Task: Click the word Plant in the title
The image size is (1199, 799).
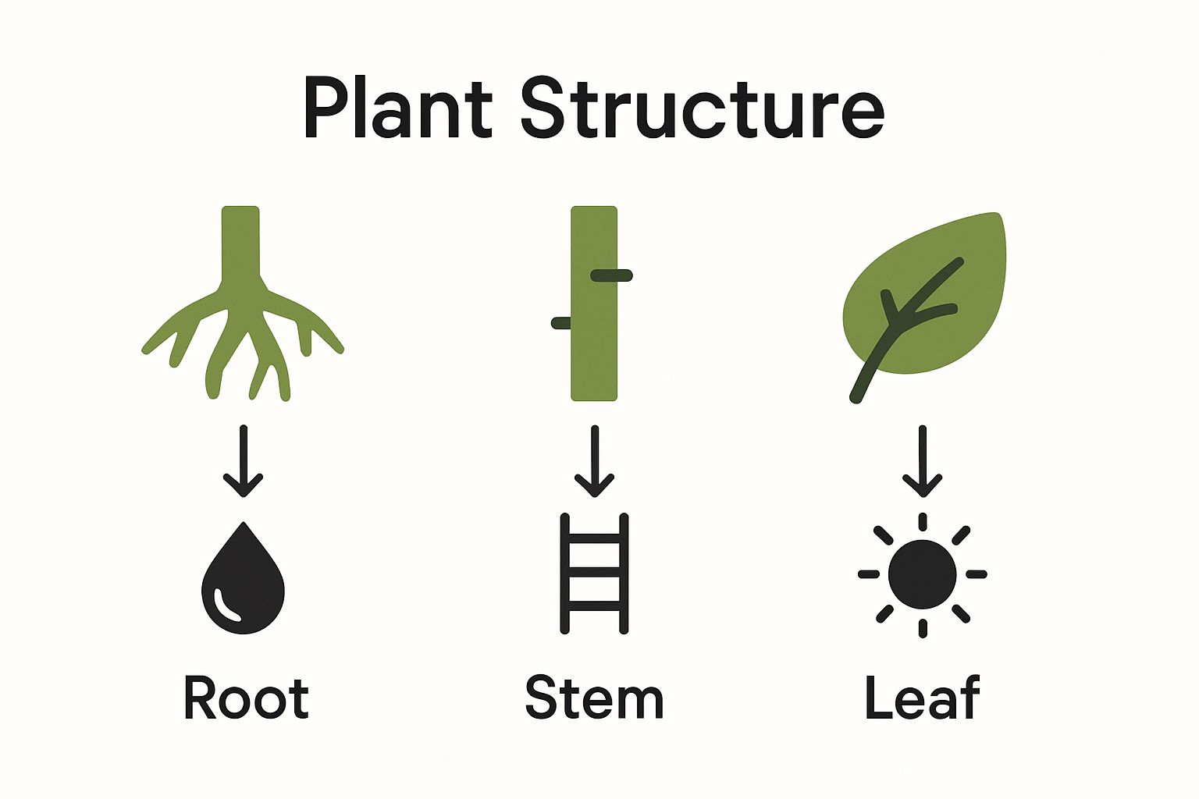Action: (398, 109)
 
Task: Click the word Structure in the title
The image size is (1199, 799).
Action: (703, 109)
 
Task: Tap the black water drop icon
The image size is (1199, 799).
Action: (243, 581)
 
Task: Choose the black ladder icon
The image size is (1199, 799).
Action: (594, 574)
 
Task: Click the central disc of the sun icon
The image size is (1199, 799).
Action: (923, 574)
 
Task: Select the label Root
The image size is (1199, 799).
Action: (246, 698)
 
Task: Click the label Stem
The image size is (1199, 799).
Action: (594, 698)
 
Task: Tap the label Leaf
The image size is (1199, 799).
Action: (922, 698)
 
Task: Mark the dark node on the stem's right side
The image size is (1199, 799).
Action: (612, 275)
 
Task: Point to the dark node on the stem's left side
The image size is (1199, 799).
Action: (561, 323)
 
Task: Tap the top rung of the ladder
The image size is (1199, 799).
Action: (594, 538)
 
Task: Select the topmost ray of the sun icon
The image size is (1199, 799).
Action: (923, 521)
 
